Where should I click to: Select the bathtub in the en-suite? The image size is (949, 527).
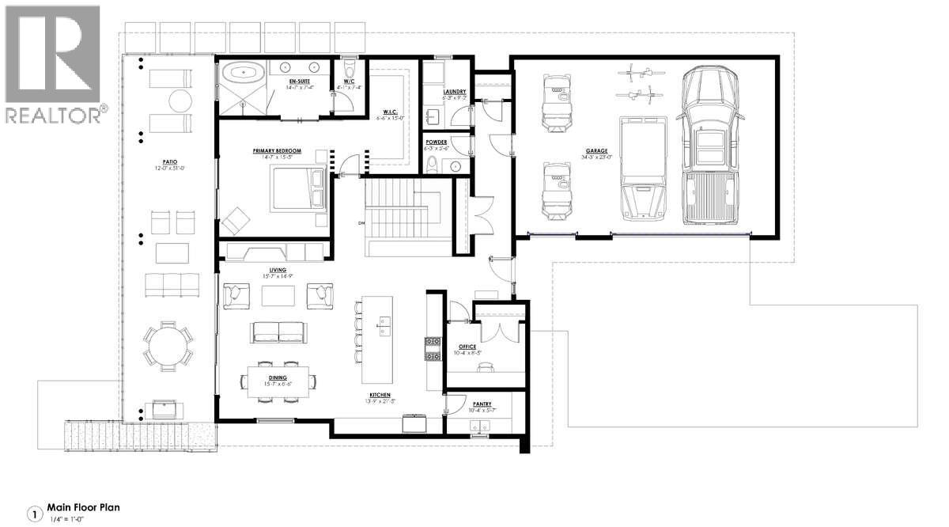pos(244,75)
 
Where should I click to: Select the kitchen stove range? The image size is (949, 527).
pos(433,348)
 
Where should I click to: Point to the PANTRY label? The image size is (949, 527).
pos(483,404)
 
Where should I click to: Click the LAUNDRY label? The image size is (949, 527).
pos(455,92)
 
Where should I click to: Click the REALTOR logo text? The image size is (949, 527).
pos(53,115)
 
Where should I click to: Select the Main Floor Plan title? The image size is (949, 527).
pos(83,507)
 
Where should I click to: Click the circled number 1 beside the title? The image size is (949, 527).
pos(34,514)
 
